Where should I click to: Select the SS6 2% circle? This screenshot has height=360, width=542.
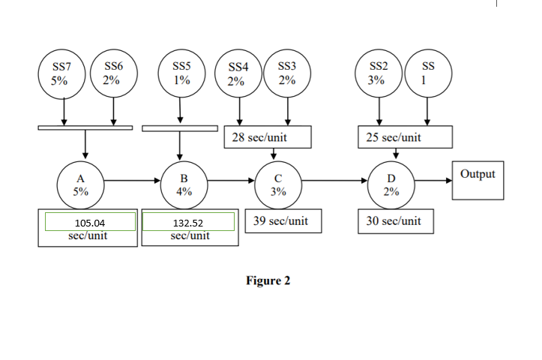tap(113, 75)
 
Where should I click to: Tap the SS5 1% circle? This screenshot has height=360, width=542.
tap(181, 75)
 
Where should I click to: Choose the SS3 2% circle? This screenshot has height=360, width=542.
tap(287, 75)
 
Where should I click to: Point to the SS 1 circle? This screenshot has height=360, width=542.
tap(428, 75)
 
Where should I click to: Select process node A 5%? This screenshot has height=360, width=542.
tap(80, 184)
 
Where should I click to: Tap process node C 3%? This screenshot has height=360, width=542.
tap(278, 184)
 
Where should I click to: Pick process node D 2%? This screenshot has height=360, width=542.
tap(391, 184)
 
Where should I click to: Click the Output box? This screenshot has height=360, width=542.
tap(478, 179)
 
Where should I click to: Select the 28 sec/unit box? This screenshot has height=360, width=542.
tap(266, 138)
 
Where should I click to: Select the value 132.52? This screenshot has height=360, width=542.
tap(188, 223)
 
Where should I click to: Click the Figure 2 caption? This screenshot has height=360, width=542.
tap(268, 280)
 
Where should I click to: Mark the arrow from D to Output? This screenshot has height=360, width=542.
tap(432, 180)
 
